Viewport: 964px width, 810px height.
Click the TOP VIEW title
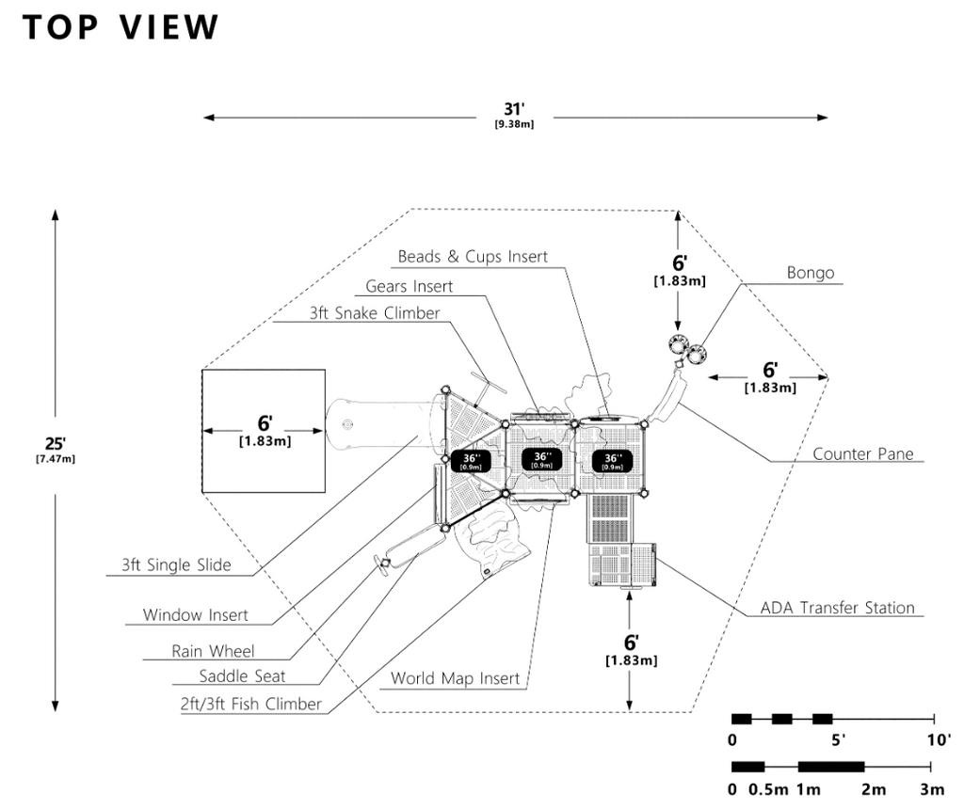tap(120, 27)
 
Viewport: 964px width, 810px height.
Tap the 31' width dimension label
tap(514, 113)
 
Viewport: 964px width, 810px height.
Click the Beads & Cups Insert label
tap(472, 256)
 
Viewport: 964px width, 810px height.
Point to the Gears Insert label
tap(409, 286)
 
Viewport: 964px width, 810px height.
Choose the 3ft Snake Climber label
tap(374, 313)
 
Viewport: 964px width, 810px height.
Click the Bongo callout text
tap(811, 273)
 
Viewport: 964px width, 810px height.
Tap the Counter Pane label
tap(862, 453)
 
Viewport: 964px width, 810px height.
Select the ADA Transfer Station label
tap(837, 608)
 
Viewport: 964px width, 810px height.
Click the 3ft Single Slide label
tap(175, 565)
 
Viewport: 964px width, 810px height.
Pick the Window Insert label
tap(195, 615)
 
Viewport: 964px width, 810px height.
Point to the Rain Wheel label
tap(213, 651)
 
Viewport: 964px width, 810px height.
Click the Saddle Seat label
tap(242, 676)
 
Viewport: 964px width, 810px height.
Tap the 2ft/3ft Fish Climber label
tap(251, 704)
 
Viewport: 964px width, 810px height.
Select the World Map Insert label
tap(455, 678)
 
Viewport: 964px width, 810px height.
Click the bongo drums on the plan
tap(686, 348)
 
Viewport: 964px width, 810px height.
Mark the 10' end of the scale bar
tap(936, 739)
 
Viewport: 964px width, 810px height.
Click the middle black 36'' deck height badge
tap(541, 459)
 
